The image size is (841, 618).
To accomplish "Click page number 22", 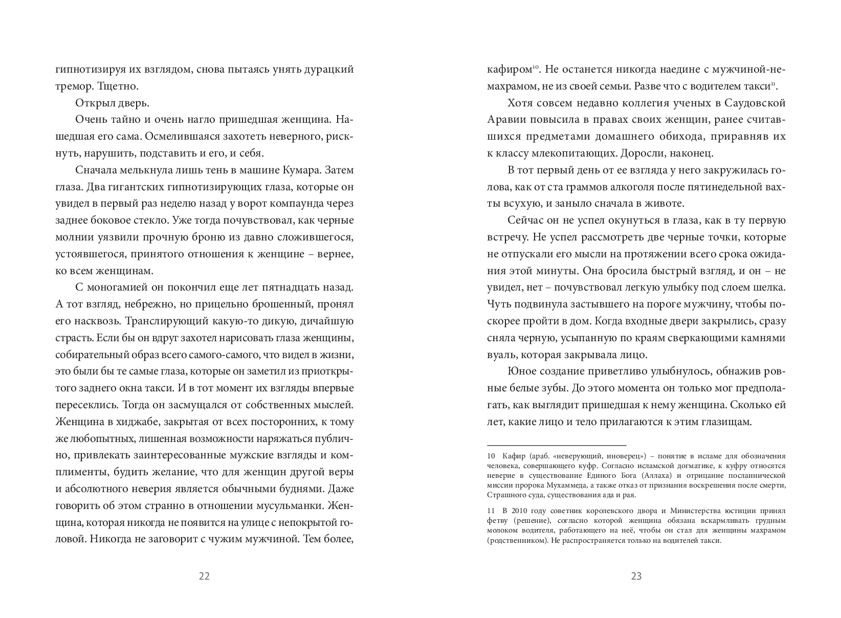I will tap(204, 576).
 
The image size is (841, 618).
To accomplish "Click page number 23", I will tap(636, 576).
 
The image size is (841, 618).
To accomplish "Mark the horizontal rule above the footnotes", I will tap(557, 445).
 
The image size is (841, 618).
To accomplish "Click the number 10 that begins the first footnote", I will tap(491, 456).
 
